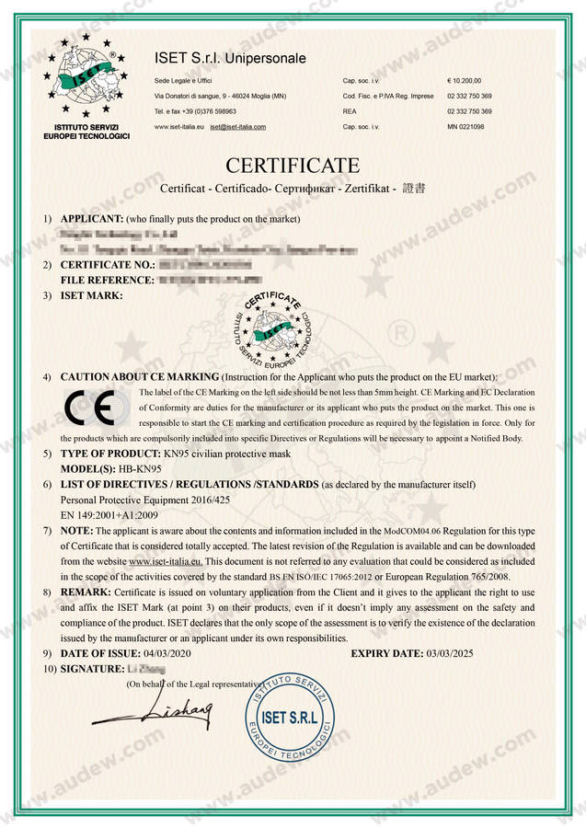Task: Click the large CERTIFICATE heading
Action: [x=293, y=166]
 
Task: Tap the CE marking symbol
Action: [x=90, y=406]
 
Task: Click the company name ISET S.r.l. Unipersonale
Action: [x=230, y=60]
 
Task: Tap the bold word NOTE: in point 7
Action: [x=76, y=531]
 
